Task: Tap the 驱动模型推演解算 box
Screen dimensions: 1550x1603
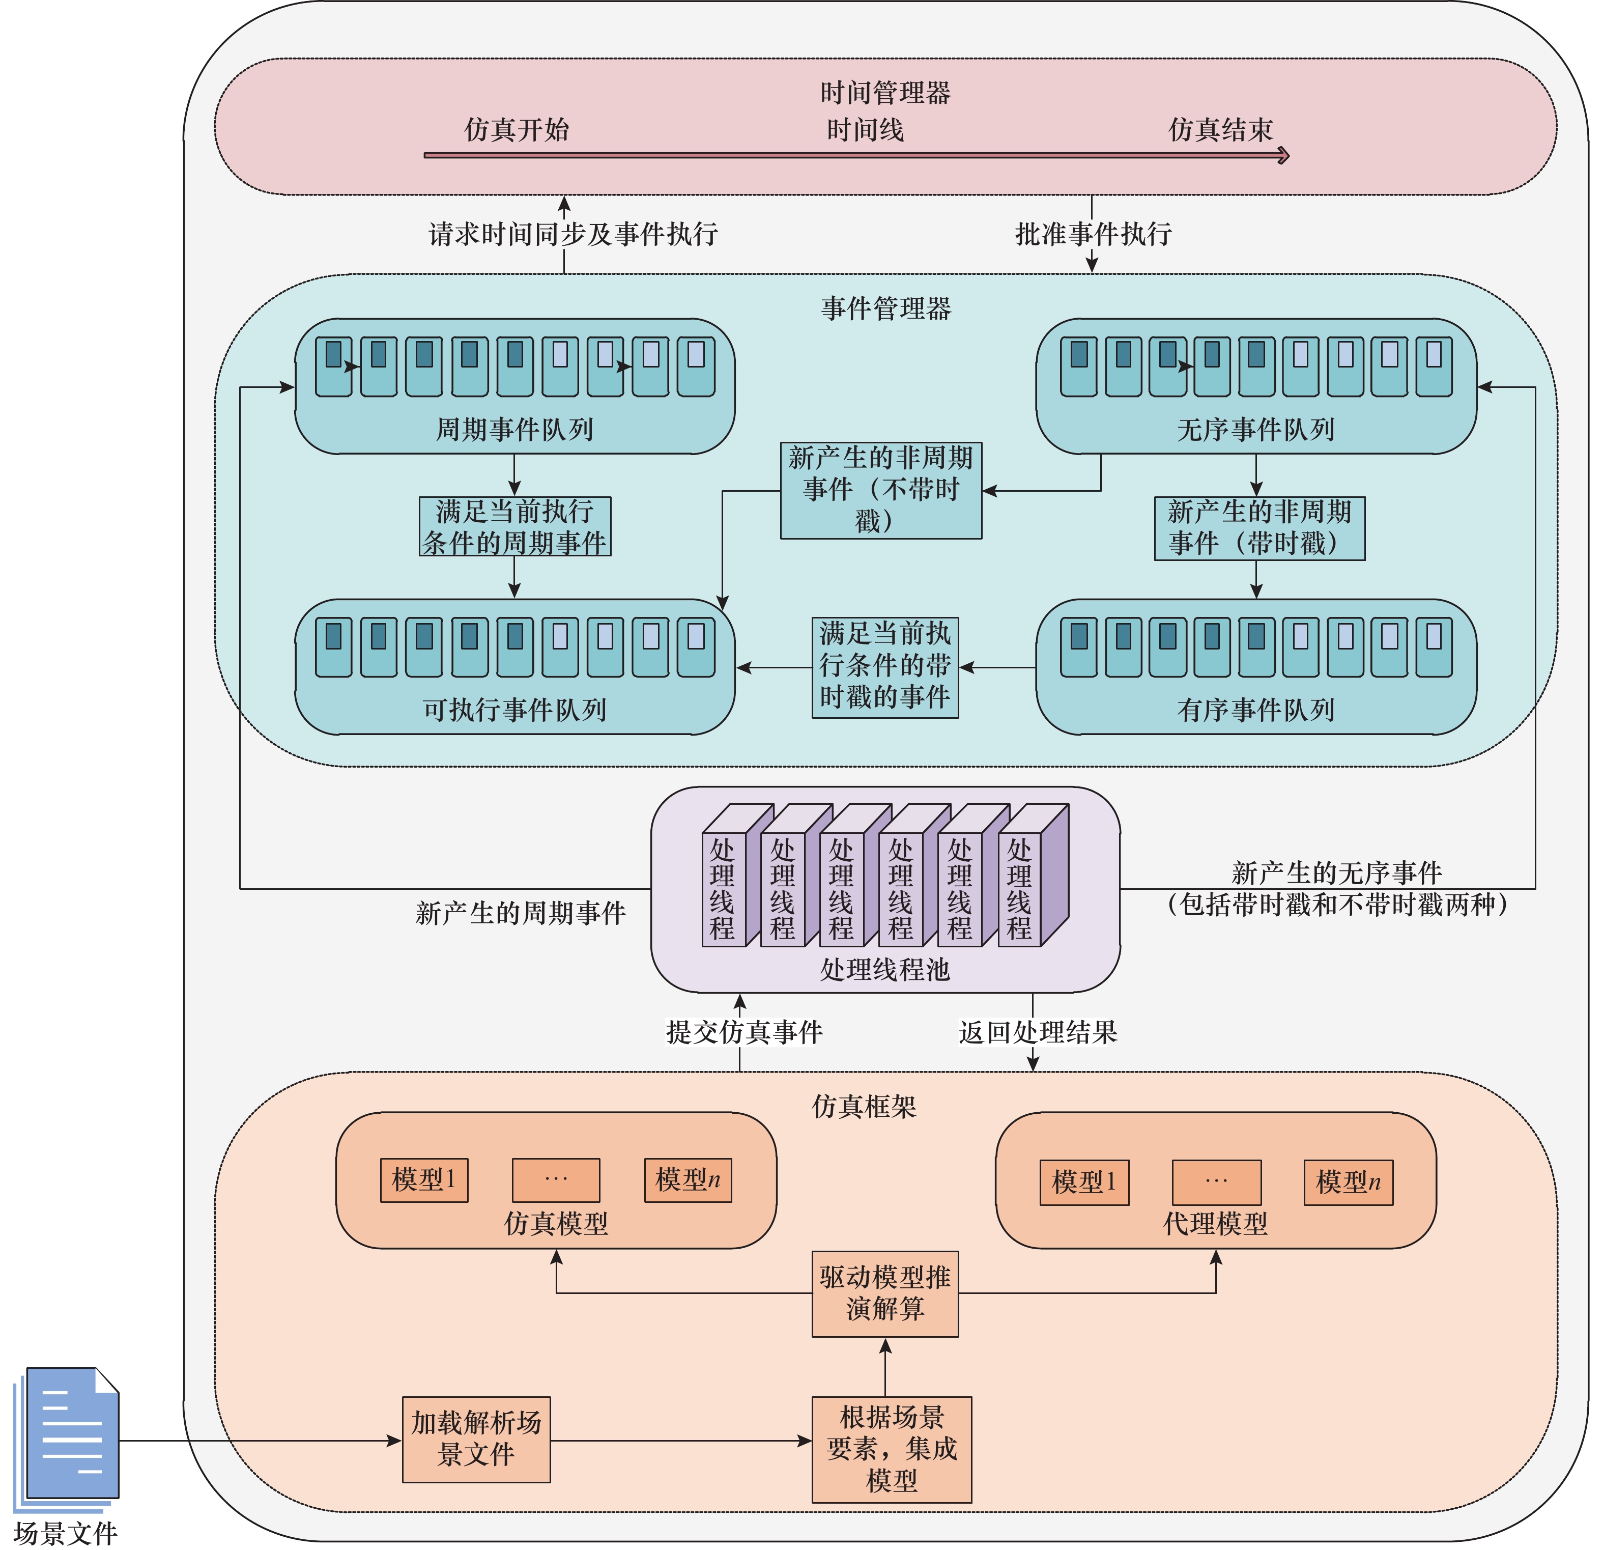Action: point(885,1293)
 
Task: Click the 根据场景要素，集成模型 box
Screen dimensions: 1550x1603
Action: point(892,1449)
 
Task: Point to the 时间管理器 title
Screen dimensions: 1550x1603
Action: point(885,93)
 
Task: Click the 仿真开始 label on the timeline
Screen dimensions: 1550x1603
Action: point(517,129)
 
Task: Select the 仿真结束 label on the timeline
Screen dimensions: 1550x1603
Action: point(1220,129)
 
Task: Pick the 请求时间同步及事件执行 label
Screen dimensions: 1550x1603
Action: point(572,234)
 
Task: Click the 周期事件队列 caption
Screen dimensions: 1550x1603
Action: point(514,429)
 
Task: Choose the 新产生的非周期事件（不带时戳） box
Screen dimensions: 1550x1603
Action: point(881,490)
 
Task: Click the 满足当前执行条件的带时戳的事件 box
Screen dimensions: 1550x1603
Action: point(885,667)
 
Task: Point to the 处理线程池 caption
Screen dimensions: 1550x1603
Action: point(885,969)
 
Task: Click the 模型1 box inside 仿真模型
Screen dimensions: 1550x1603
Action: point(423,1179)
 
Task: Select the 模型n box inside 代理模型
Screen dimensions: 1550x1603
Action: point(1348,1182)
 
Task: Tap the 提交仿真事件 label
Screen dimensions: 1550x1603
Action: point(744,1032)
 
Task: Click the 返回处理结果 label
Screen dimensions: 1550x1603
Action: point(1038,1032)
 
